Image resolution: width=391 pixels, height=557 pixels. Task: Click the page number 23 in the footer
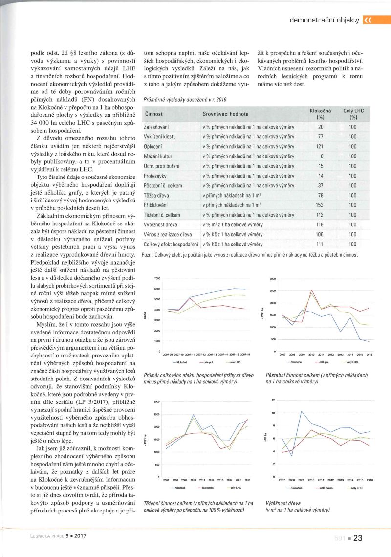(x=357, y=538)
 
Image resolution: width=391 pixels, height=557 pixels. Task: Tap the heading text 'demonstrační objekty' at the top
(x=325, y=20)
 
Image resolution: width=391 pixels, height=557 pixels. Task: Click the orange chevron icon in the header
(x=368, y=20)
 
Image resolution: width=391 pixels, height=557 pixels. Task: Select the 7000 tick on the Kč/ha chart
(x=157, y=278)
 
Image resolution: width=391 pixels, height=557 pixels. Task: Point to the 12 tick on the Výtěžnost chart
(x=274, y=401)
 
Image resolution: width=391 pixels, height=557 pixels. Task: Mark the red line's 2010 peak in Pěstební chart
(x=312, y=290)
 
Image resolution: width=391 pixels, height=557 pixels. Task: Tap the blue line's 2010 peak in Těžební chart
(x=194, y=415)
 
